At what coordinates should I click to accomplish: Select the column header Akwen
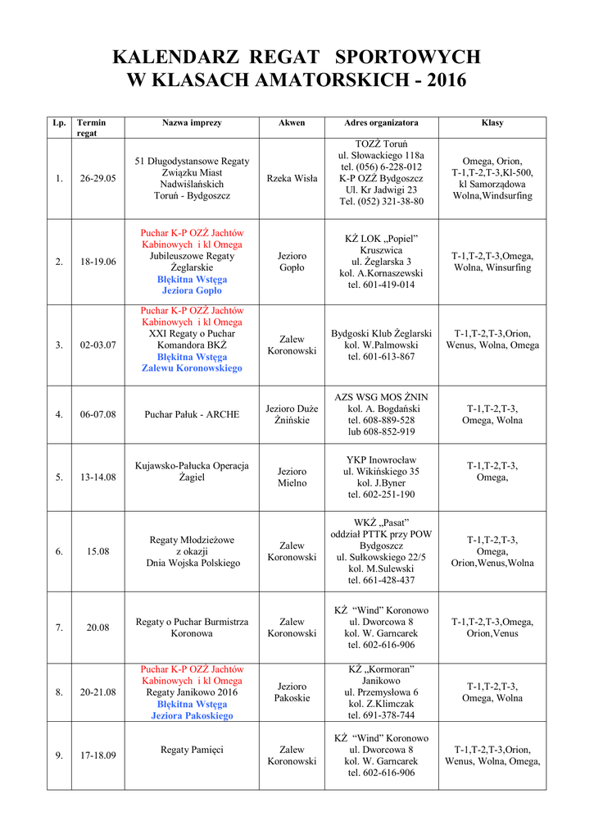coord(292,123)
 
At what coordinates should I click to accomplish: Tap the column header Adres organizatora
coord(381,123)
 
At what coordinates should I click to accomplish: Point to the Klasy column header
coord(492,123)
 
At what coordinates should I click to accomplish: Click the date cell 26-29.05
coord(98,179)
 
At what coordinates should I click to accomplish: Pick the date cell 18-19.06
coord(98,262)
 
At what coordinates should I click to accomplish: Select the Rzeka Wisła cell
coord(292,179)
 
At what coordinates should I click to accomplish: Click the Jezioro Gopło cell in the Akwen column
coord(292,262)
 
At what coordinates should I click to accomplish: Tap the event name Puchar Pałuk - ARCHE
coord(192,414)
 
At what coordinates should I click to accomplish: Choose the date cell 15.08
coord(98,551)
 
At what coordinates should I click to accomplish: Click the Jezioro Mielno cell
coord(292,477)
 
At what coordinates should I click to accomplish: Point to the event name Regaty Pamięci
coord(192,750)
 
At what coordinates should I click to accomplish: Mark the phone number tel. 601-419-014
coord(381,285)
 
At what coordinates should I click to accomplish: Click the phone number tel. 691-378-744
coord(381,715)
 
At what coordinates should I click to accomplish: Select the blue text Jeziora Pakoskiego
coord(192,715)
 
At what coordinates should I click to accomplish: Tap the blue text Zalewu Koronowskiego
coord(192,368)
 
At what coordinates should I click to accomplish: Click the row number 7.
coord(59,628)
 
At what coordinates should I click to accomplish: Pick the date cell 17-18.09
coord(98,756)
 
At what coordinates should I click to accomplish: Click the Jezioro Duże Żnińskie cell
coord(292,414)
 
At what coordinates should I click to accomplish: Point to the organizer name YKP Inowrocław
coord(381,460)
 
